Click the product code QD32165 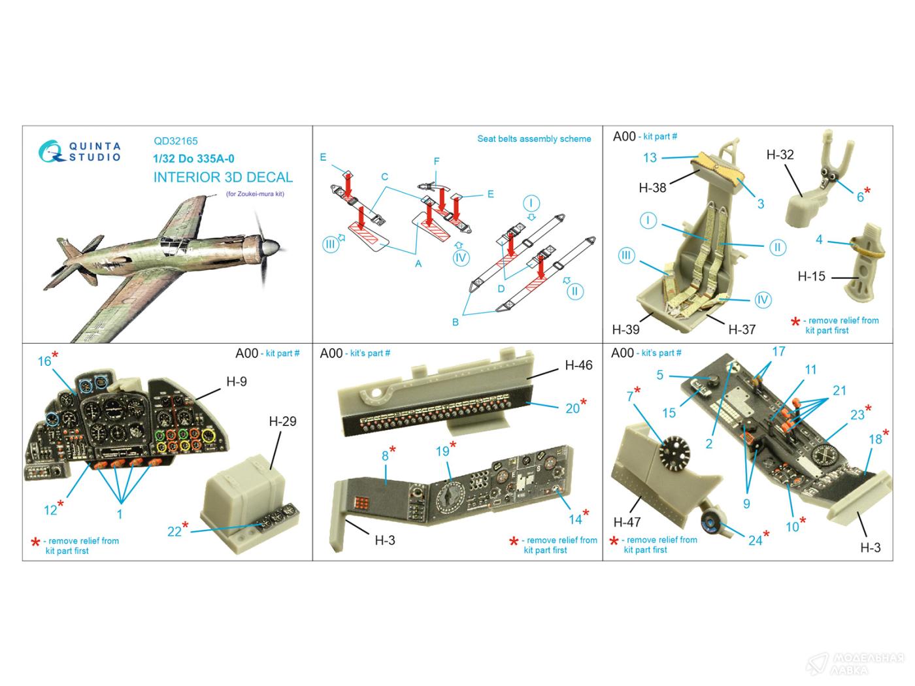tap(176, 140)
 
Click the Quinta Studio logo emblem tap(50, 151)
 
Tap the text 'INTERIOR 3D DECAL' tap(223, 177)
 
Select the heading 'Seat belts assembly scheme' tap(534, 139)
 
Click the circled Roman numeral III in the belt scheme tap(330, 244)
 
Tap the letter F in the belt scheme tap(437, 161)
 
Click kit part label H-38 tap(652, 188)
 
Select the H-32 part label tap(780, 155)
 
